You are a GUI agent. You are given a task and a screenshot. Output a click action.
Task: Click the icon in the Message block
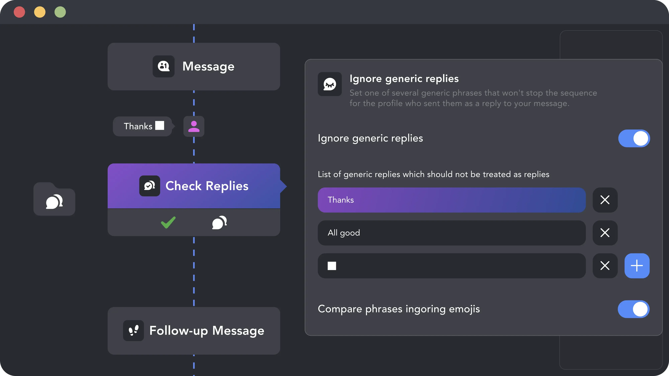coord(164,66)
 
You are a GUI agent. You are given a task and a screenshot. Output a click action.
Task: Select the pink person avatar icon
coord(194,126)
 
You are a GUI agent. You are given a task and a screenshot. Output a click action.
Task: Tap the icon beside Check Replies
coord(150,186)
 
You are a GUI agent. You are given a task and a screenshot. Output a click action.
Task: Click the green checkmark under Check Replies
coord(168,222)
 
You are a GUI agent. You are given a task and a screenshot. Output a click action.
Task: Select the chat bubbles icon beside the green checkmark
coord(219,222)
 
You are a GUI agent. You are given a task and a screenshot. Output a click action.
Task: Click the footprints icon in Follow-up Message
coord(133,330)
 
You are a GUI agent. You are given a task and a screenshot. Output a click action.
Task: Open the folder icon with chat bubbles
coord(54,199)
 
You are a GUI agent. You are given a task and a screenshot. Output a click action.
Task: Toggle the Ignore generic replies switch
coord(634,138)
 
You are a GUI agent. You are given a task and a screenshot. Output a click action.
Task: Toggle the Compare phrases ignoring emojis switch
coord(634,309)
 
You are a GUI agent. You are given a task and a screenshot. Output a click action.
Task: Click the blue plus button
coord(637,266)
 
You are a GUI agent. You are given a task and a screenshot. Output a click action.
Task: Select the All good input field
coord(452,233)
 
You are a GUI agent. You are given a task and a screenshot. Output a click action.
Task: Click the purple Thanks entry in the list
coord(452,200)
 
